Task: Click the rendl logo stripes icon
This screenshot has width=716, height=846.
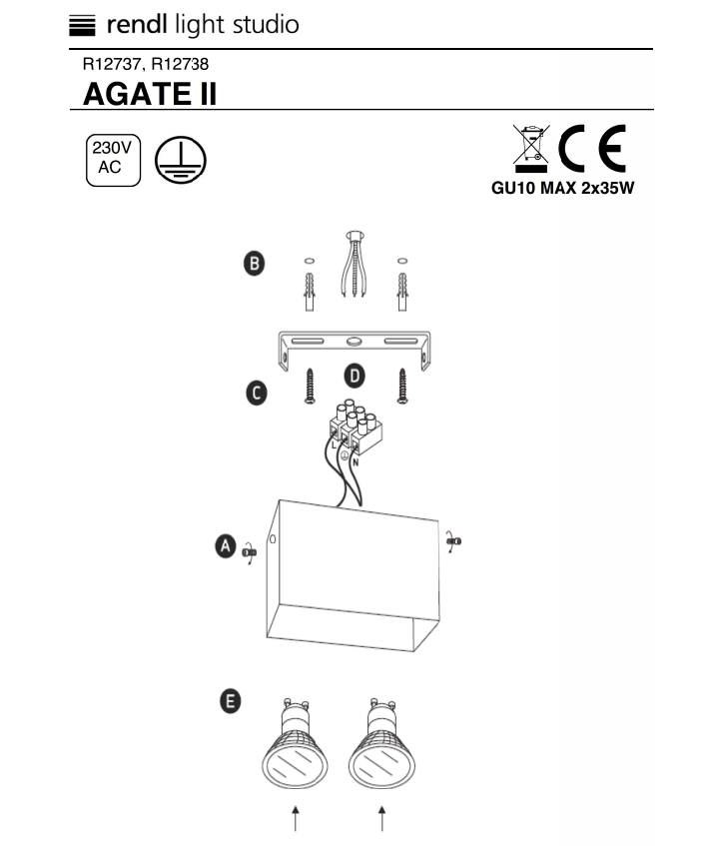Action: [82, 25]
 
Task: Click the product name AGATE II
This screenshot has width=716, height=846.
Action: [150, 94]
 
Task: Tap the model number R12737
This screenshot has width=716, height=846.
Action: [112, 64]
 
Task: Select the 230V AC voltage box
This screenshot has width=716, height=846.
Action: [113, 160]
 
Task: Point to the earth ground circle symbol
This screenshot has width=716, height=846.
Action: [180, 160]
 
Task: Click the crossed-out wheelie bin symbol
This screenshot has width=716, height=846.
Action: [531, 147]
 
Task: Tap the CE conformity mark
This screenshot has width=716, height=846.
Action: [592, 148]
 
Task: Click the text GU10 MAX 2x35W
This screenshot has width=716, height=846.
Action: [562, 188]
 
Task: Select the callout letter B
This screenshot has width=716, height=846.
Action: [254, 264]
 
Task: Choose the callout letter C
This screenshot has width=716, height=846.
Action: [257, 393]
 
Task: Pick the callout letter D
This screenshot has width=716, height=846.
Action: [355, 376]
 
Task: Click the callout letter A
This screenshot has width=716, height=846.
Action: [226, 545]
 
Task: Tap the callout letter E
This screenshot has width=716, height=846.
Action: [231, 701]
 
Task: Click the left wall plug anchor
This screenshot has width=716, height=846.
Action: [310, 292]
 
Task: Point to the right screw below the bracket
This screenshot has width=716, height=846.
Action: [402, 386]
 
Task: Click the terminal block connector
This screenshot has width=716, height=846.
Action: [356, 425]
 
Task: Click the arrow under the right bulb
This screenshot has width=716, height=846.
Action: [382, 818]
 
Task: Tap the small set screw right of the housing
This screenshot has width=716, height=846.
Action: [454, 541]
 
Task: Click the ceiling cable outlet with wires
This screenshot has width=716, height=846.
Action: [355, 264]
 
